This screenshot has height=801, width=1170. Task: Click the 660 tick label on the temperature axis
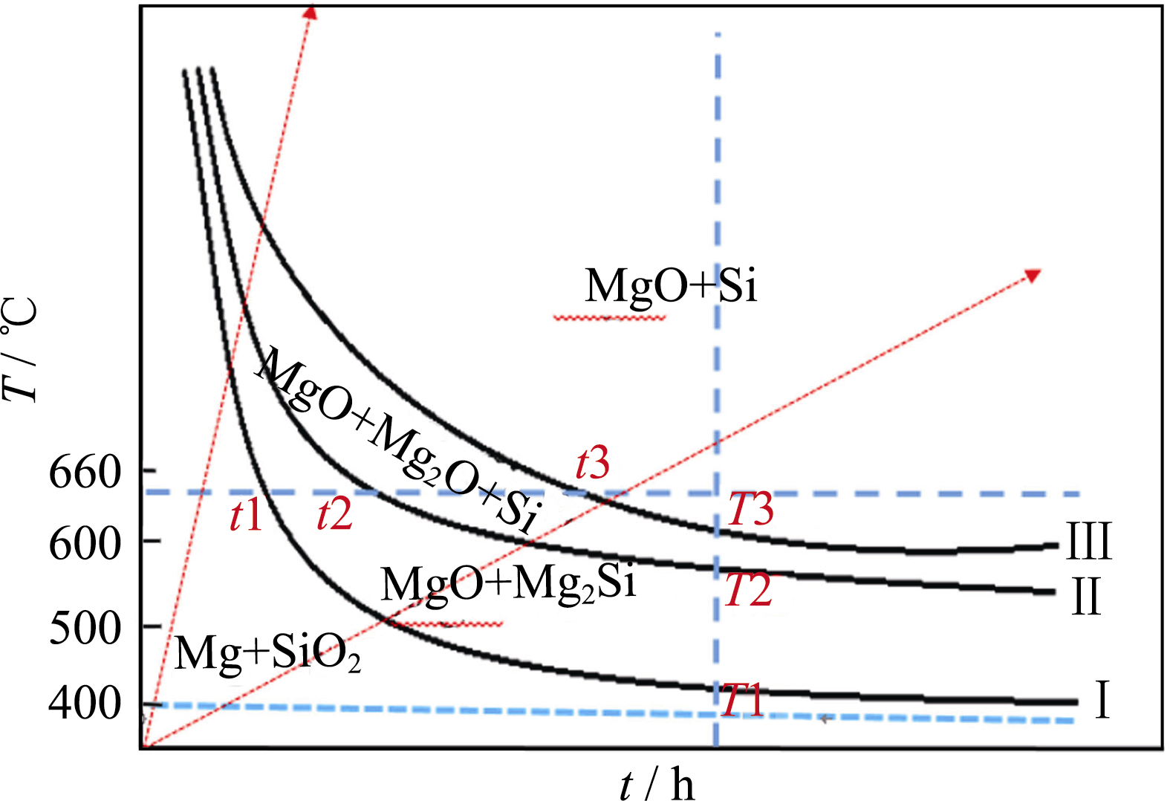click(84, 472)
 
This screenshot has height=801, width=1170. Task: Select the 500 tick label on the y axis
click(84, 629)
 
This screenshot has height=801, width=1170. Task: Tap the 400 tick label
click(84, 703)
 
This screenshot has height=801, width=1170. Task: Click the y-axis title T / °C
click(20, 349)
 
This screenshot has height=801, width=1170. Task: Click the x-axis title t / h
click(657, 784)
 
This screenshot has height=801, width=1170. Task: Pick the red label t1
click(246, 515)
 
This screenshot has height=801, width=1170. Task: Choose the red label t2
click(334, 514)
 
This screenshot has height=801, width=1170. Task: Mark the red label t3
click(593, 464)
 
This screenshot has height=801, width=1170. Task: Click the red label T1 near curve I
click(742, 700)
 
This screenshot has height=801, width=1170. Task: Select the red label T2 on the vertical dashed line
click(748, 591)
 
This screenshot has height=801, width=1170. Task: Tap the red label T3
click(750, 510)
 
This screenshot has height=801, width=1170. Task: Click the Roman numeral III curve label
click(1088, 542)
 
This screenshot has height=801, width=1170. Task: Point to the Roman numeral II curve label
click(1085, 596)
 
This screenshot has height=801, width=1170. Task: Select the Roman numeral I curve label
click(1102, 700)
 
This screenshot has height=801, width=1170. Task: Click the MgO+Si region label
click(670, 285)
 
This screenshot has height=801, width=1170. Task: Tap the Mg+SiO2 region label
click(267, 653)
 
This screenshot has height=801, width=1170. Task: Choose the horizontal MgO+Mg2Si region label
click(508, 583)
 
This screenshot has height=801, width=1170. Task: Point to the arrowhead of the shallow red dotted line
click(1033, 275)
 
